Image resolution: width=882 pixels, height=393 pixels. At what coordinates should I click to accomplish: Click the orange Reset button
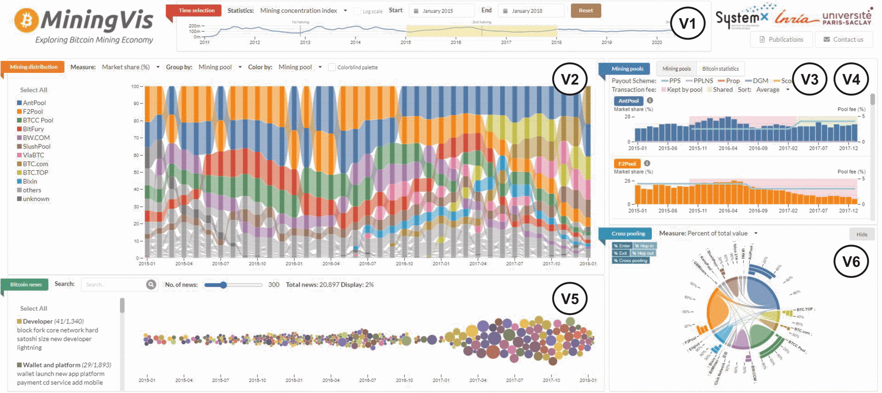point(585,10)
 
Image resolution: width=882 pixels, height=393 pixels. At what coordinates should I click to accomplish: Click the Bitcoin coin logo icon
point(26,20)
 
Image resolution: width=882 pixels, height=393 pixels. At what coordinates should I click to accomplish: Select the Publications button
point(781,39)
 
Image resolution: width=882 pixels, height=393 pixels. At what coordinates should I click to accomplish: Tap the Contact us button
point(843,39)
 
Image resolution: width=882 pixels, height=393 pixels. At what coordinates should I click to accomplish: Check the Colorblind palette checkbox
point(332,67)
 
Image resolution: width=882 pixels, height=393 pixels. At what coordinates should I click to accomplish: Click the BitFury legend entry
point(33,129)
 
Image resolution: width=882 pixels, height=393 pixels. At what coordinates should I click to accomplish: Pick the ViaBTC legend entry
point(33,155)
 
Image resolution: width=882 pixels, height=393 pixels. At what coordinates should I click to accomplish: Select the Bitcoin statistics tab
point(720,69)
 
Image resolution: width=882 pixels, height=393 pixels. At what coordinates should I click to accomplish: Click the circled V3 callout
point(809,79)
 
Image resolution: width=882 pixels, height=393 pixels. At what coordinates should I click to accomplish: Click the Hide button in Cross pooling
point(862,234)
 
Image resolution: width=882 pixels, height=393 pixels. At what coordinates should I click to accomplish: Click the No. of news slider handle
point(223,285)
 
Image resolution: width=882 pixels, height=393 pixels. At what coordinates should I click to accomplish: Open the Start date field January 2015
point(441,11)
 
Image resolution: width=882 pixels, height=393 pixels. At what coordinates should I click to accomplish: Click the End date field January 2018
point(530,11)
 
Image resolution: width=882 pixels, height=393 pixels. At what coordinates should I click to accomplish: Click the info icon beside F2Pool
point(647,163)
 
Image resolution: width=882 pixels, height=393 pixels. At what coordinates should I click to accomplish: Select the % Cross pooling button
point(630,260)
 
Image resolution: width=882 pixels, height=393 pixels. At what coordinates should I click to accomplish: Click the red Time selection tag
point(196,10)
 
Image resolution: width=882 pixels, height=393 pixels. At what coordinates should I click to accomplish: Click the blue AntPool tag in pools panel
point(628,101)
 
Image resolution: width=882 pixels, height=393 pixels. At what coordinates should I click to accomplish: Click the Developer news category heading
point(38,321)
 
